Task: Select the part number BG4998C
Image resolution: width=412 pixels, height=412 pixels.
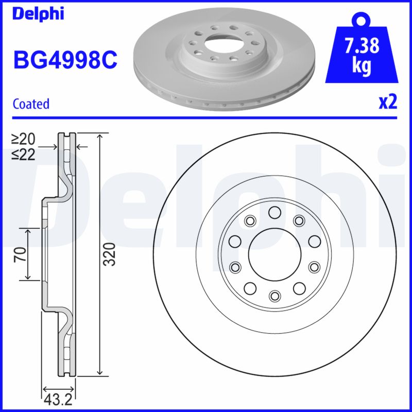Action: pyautogui.click(x=65, y=61)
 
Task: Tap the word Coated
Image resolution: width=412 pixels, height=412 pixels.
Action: pyautogui.click(x=31, y=104)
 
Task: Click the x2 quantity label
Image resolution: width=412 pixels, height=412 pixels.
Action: pyautogui.click(x=388, y=102)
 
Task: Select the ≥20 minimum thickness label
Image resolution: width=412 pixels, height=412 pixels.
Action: pyautogui.click(x=24, y=139)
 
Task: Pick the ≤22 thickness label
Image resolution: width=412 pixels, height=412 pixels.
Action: pyautogui.click(x=24, y=154)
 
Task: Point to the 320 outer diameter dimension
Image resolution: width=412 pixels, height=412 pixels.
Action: pyautogui.click(x=109, y=254)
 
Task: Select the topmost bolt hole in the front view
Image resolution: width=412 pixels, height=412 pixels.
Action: pyautogui.click(x=274, y=212)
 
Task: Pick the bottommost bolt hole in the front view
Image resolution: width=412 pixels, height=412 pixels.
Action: pyautogui.click(x=274, y=295)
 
